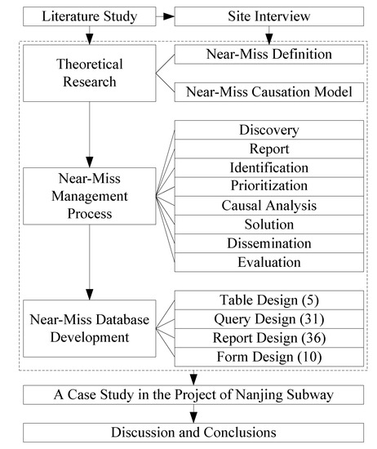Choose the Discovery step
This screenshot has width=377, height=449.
coord(268,131)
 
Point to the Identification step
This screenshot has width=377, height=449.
coord(268,168)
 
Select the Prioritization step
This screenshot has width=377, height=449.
coord(268,187)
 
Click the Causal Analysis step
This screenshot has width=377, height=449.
coord(268,206)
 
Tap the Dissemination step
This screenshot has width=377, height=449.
coord(268,243)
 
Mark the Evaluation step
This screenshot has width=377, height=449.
coord(268,262)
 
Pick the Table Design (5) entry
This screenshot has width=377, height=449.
coord(268,300)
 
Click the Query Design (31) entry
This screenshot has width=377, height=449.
coord(268,318)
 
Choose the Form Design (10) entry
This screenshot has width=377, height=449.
coord(268,356)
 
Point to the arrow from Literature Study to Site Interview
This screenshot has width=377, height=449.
coord(162,16)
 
